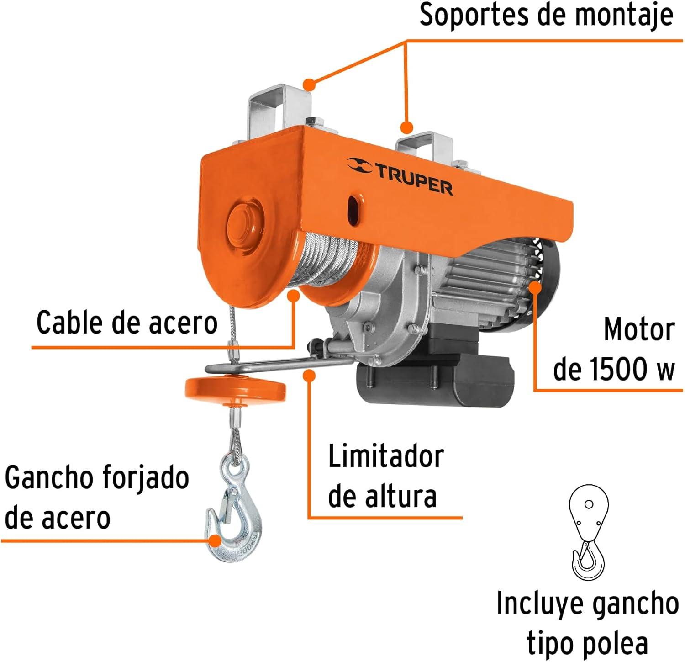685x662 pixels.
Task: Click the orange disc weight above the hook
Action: (x=235, y=390)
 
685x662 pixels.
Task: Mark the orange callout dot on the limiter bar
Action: (x=309, y=376)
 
